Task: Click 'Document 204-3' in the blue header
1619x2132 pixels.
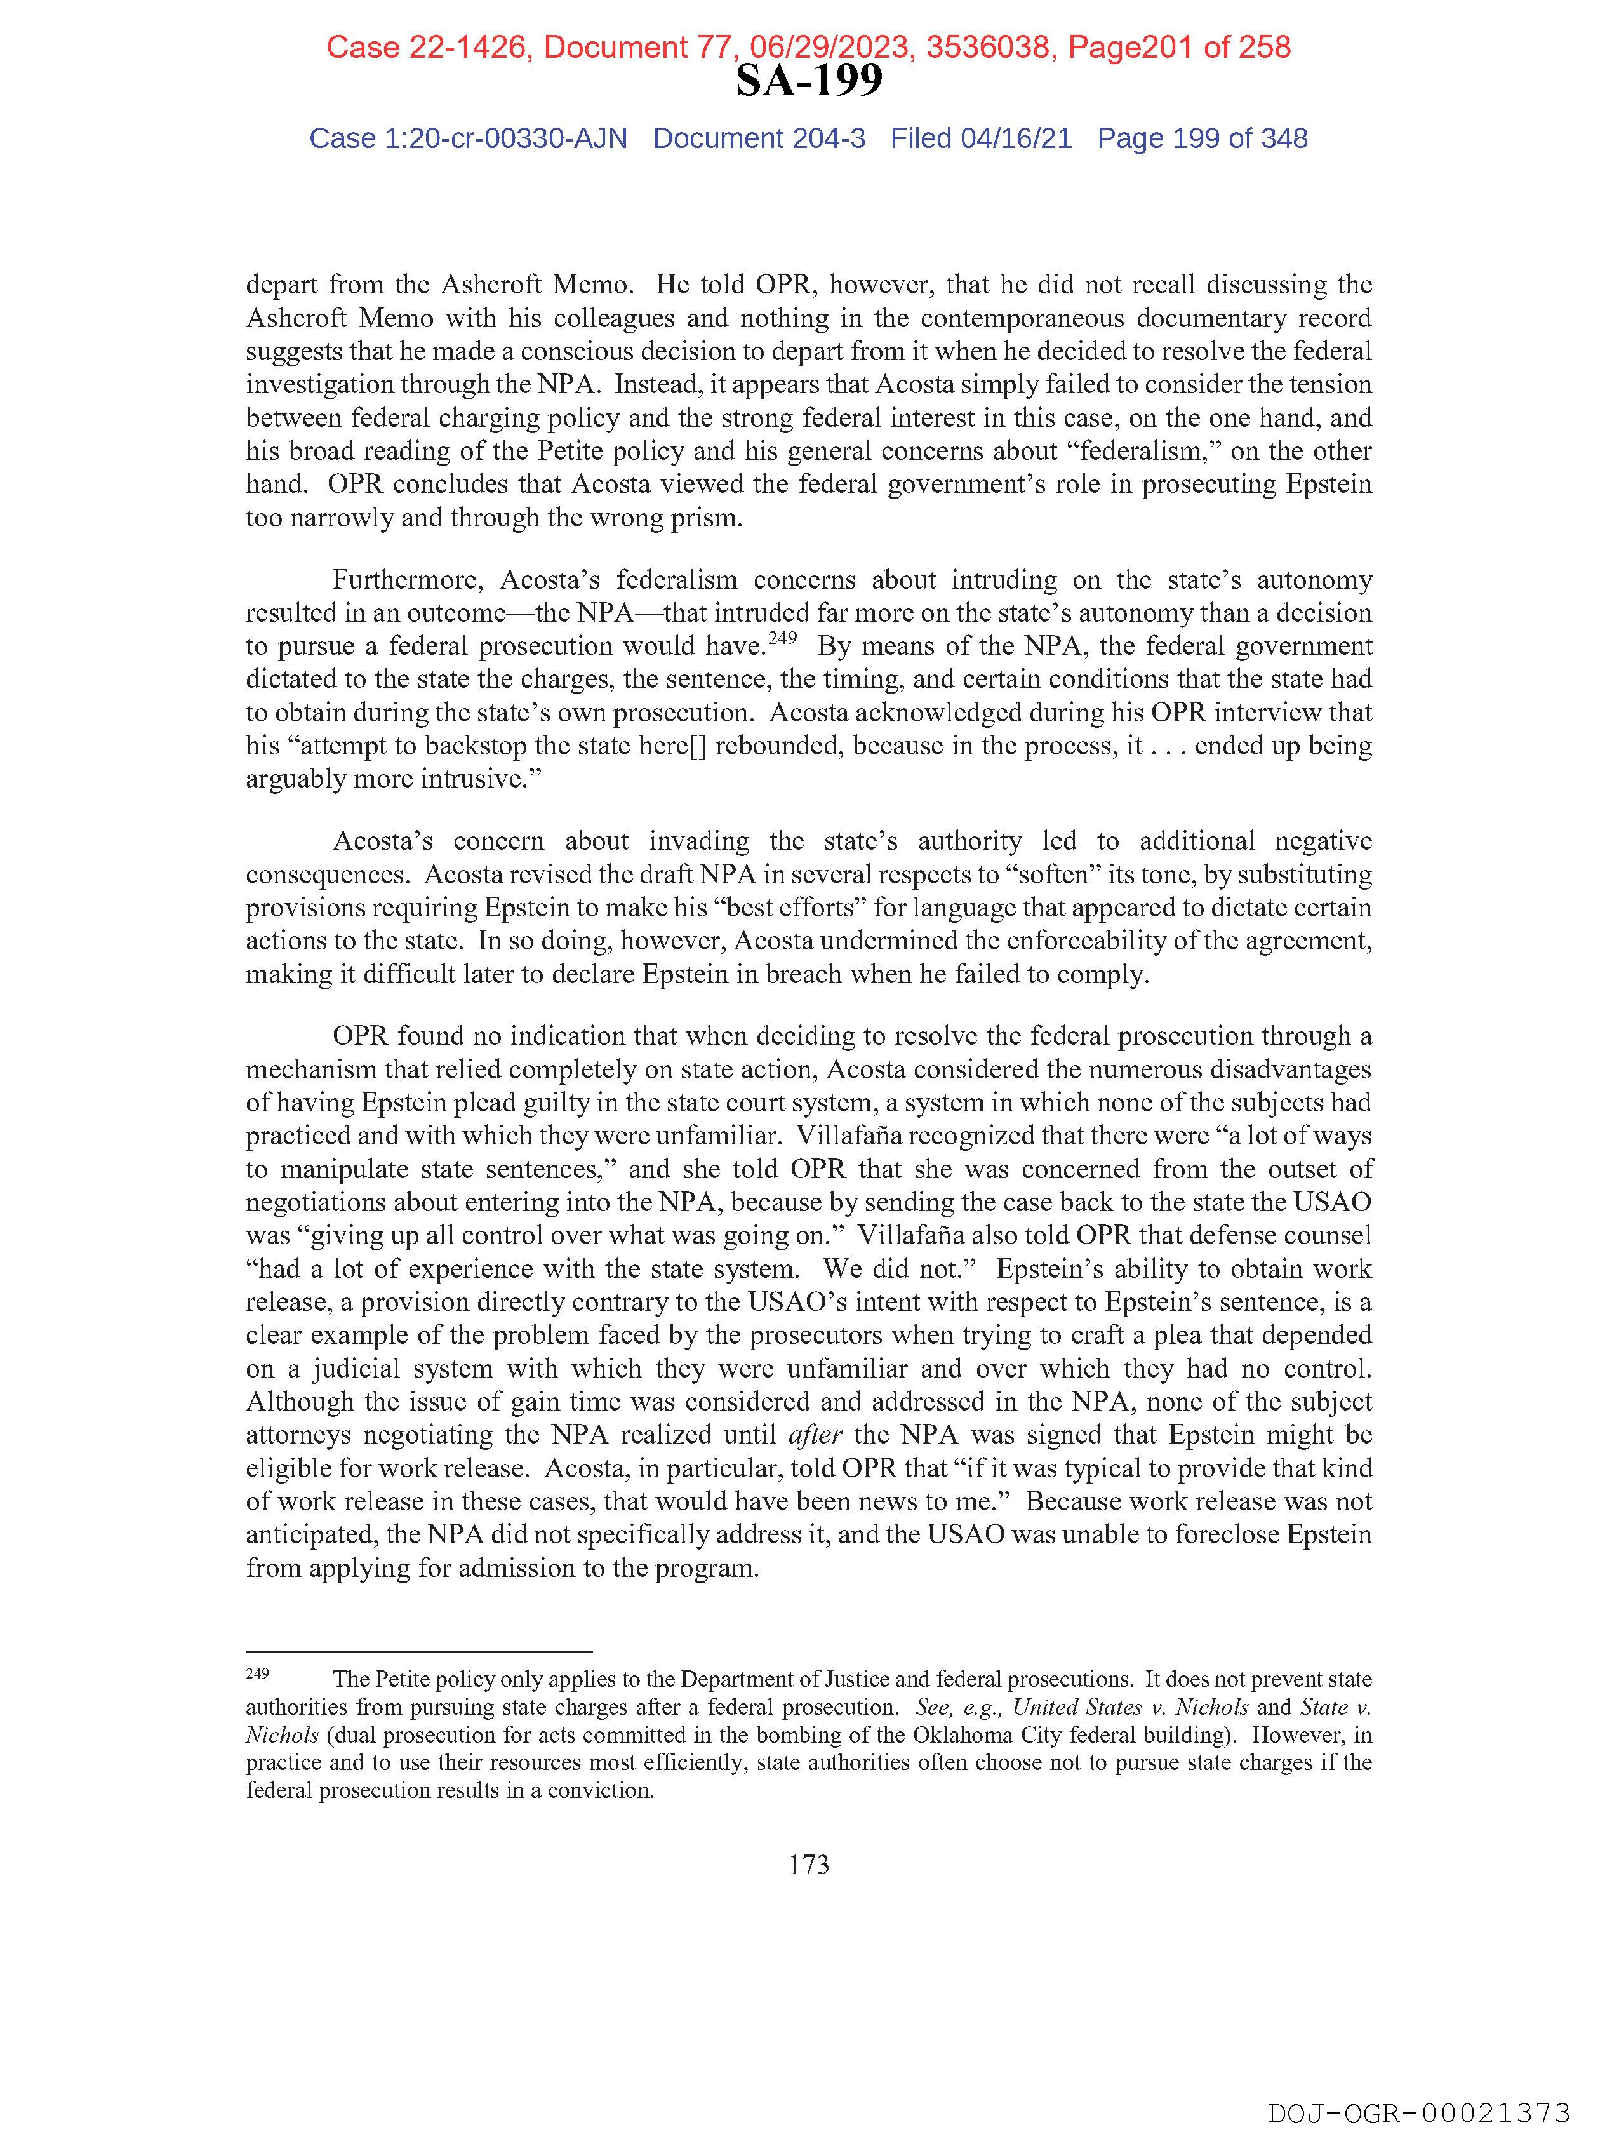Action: click(x=759, y=139)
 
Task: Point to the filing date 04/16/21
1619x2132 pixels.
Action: click(x=1016, y=139)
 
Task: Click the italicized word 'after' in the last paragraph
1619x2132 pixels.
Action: click(x=815, y=1435)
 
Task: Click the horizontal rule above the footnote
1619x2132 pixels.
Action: click(x=418, y=1652)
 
